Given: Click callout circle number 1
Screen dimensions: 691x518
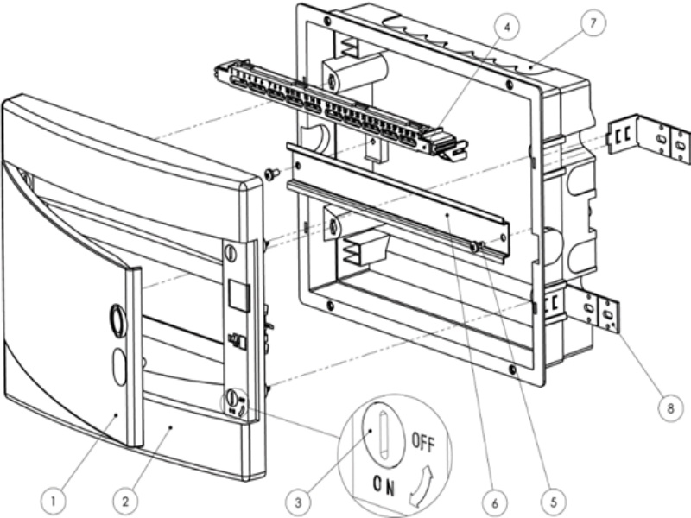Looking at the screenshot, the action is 53,502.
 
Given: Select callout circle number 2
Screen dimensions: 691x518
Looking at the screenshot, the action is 125,502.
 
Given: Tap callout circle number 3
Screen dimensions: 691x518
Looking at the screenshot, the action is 298,502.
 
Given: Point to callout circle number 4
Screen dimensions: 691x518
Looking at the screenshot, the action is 507,27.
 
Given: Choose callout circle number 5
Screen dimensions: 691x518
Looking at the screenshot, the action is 553,502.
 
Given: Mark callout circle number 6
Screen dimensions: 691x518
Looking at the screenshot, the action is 494,502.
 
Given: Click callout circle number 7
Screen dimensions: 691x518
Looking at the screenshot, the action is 593,22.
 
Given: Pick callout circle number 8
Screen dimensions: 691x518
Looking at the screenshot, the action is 670,408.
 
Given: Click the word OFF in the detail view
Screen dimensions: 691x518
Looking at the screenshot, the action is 423,442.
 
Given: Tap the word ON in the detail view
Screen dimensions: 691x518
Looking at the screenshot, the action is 384,485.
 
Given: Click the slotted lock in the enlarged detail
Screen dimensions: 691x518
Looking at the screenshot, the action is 383,434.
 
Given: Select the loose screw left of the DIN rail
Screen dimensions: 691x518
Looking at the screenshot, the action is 271,174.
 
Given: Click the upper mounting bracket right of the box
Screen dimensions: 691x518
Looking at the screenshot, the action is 649,138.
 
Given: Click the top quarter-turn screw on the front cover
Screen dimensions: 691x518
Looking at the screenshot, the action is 231,252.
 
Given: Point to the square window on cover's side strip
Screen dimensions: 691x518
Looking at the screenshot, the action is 239,295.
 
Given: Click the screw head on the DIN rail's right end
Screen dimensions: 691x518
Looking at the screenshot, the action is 474,247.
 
